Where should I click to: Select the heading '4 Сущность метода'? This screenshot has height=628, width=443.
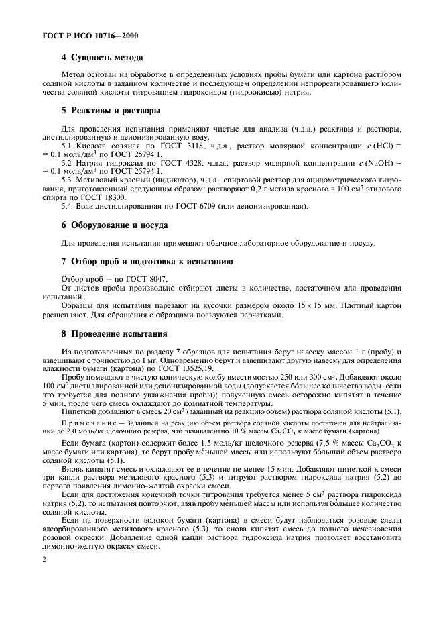pyautogui.click(x=102, y=58)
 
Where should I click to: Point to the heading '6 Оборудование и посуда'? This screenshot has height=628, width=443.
pyautogui.click(x=115, y=224)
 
